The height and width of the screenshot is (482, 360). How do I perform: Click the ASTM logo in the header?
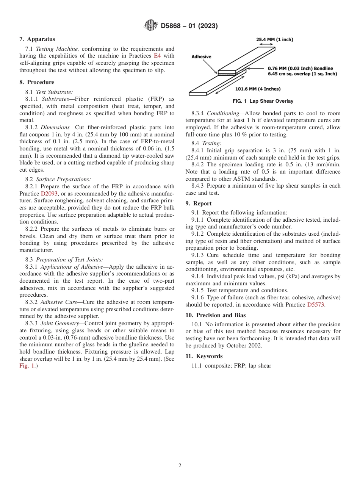click(x=151, y=26)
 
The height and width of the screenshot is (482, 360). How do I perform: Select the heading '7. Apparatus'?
click(x=37, y=39)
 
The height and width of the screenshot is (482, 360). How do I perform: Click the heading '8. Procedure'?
click(x=37, y=82)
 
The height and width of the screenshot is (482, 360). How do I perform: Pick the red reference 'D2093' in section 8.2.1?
click(x=49, y=194)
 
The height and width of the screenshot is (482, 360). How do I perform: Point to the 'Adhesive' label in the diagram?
click(x=201, y=56)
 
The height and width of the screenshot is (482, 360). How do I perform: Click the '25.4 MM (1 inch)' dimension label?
click(x=275, y=39)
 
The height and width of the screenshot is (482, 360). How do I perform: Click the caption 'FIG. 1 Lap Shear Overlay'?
click(x=263, y=101)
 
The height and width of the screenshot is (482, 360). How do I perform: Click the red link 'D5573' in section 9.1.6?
click(x=316, y=305)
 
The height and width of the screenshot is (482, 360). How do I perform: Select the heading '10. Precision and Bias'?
click(x=216, y=315)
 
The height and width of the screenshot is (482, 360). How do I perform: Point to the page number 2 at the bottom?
click(x=180, y=466)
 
